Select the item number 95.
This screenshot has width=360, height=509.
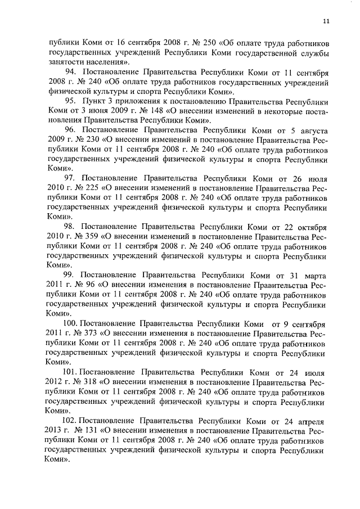tap(71, 101)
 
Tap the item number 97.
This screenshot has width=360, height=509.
tap(71, 177)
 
